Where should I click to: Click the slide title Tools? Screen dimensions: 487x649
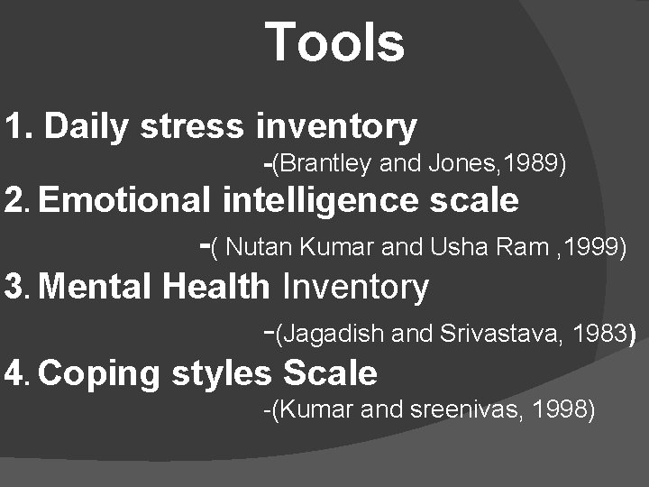click(x=335, y=42)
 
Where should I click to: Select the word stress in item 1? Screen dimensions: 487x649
click(x=191, y=127)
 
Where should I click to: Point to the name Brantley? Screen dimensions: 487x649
click(x=323, y=164)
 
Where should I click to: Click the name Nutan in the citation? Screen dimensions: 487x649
click(x=263, y=247)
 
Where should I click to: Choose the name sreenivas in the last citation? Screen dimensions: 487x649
click(x=476, y=409)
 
